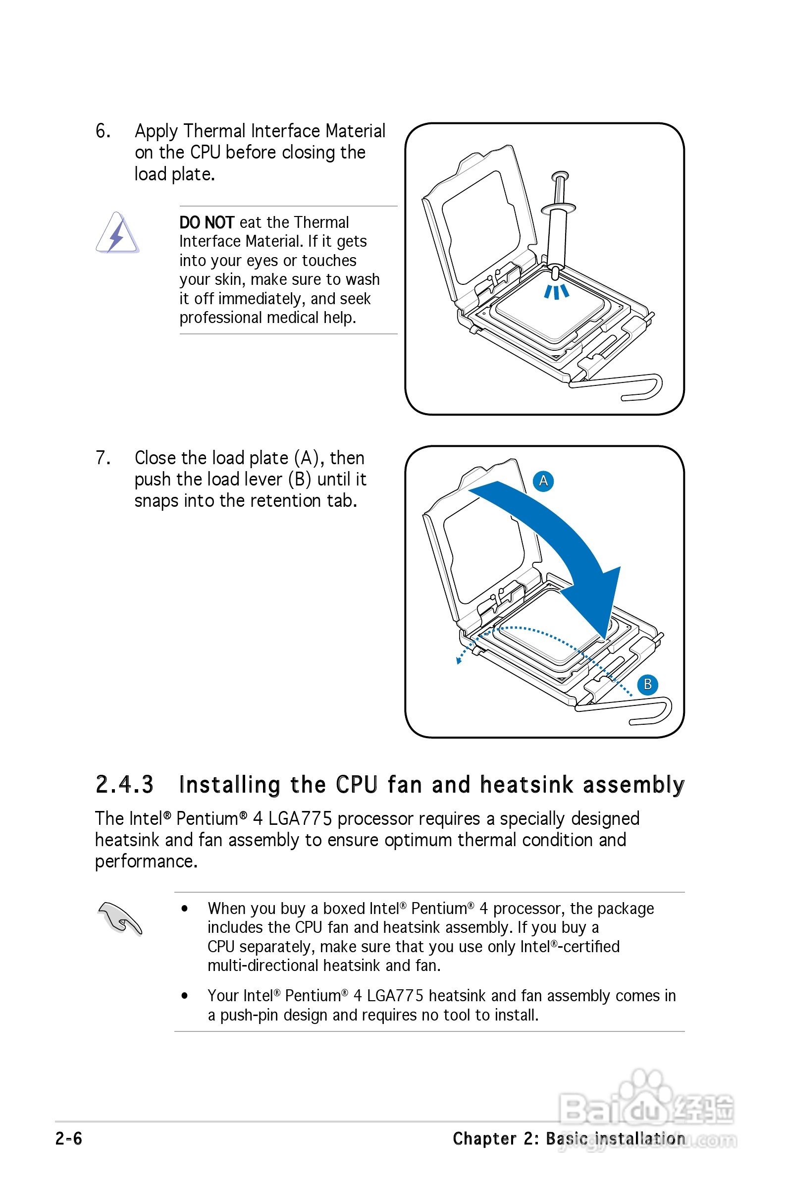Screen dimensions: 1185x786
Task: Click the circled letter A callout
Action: pyautogui.click(x=543, y=481)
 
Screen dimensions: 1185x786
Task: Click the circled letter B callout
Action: pyautogui.click(x=647, y=684)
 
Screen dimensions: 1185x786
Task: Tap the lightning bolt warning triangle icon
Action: pyautogui.click(x=117, y=234)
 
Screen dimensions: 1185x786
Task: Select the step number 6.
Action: pyautogui.click(x=102, y=131)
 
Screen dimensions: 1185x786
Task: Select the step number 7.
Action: pyautogui.click(x=102, y=458)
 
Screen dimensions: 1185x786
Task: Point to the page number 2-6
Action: pyautogui.click(x=69, y=1138)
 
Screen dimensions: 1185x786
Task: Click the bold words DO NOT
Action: pyautogui.click(x=207, y=222)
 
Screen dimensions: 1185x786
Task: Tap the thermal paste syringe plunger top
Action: pyautogui.click(x=560, y=176)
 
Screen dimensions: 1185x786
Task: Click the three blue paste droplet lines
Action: pyautogui.click(x=556, y=292)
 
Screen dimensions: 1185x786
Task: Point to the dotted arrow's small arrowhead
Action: pyautogui.click(x=458, y=660)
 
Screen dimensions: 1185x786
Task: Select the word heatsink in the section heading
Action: pyautogui.click(x=526, y=785)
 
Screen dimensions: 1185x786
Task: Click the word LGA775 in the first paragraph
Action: pyautogui.click(x=300, y=819)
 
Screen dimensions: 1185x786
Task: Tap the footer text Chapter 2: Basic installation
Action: pyautogui.click(x=569, y=1138)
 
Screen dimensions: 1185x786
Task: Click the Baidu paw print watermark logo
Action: pyautogui.click(x=647, y=1098)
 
